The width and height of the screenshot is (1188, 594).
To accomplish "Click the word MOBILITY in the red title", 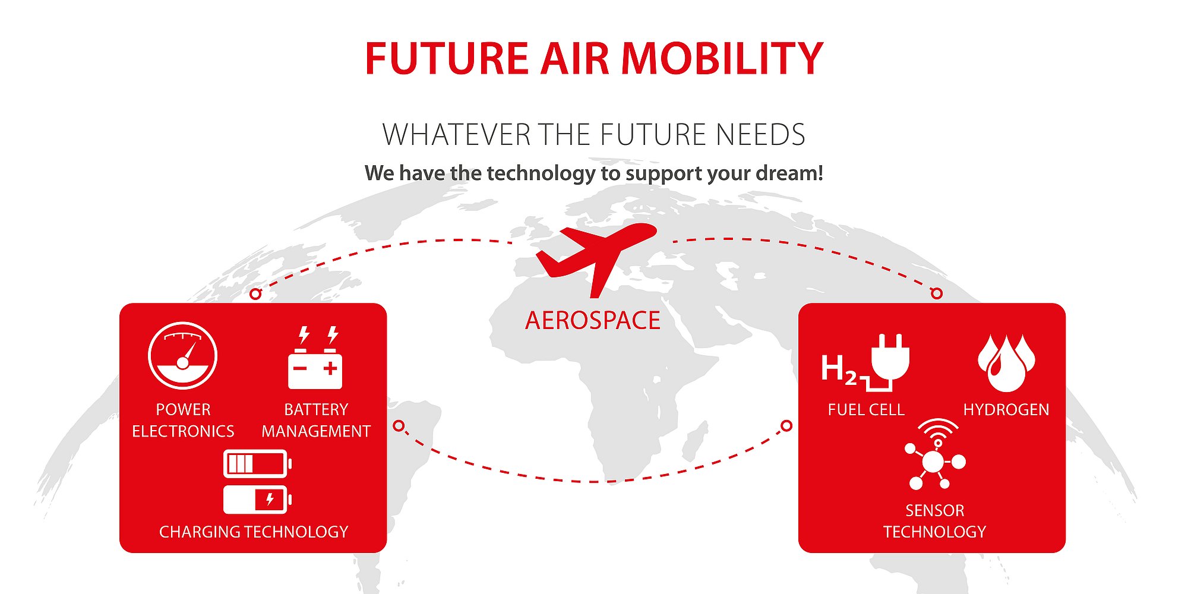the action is pyautogui.click(x=722, y=58).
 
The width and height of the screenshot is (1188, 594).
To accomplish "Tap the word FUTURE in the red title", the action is pyautogui.click(x=446, y=58).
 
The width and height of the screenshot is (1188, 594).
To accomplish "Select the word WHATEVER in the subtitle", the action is pyautogui.click(x=457, y=134).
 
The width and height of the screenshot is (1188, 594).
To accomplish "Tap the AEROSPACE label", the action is pyautogui.click(x=593, y=321).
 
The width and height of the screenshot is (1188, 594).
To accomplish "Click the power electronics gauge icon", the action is pyautogui.click(x=183, y=355).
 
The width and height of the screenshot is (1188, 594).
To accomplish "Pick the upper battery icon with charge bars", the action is pyautogui.click(x=257, y=463).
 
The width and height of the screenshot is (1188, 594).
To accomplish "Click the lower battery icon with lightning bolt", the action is pyautogui.click(x=257, y=499).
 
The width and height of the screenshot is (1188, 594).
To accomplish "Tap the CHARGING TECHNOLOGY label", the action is pyautogui.click(x=254, y=532).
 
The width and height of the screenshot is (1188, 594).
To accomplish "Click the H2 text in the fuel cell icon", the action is pyautogui.click(x=839, y=369).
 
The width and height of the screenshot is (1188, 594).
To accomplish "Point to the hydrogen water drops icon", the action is pyautogui.click(x=1006, y=363).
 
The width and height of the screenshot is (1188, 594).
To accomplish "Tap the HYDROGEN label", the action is pyautogui.click(x=1006, y=410).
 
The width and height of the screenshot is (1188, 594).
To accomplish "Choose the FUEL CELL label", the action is pyautogui.click(x=866, y=410).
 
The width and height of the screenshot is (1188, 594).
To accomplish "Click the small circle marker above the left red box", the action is pyautogui.click(x=255, y=294).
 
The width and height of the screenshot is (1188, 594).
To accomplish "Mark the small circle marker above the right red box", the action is pyautogui.click(x=937, y=293).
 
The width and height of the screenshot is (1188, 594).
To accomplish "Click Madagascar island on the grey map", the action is pyautogui.click(x=695, y=441).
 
